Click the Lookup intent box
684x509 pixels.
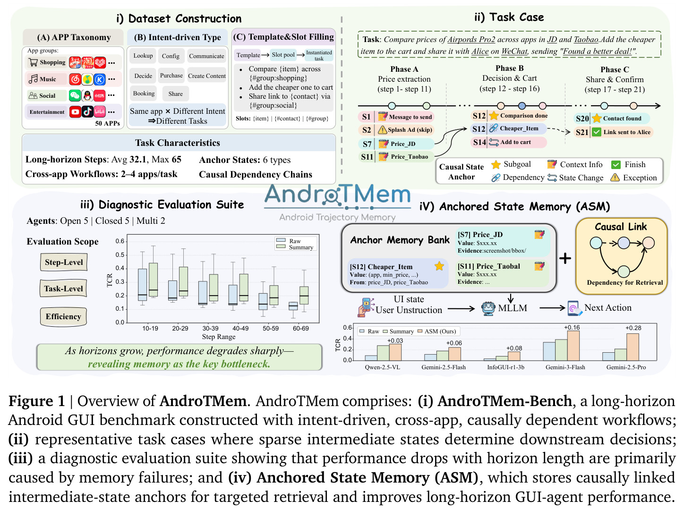click(143, 56)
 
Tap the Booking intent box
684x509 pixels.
click(144, 93)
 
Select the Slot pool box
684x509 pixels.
click(283, 55)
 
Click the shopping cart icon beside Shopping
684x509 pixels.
click(33, 62)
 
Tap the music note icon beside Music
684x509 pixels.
click(33, 79)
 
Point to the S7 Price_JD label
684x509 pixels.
click(396, 144)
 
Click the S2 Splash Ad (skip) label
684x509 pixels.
click(396, 130)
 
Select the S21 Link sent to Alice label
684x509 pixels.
click(613, 132)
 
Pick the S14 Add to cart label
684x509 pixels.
click(509, 142)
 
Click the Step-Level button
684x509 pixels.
click(64, 262)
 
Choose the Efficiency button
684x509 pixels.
click(63, 316)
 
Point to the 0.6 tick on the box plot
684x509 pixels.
click(120, 241)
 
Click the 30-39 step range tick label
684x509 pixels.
click(210, 328)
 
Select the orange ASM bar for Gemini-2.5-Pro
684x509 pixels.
click(633, 347)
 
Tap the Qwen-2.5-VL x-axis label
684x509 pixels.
click(383, 367)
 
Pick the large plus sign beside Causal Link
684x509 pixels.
click(565, 258)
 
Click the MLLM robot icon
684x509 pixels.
click(488, 308)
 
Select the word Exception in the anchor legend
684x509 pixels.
click(640, 178)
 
